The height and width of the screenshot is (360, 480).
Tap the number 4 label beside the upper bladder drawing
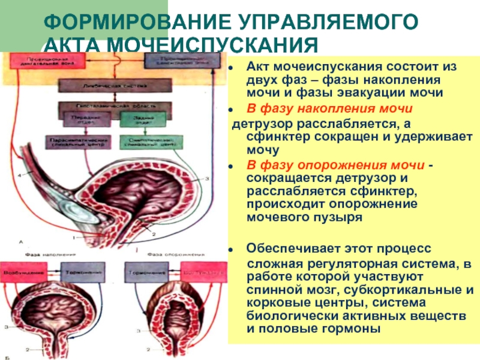(x=19, y=175)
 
